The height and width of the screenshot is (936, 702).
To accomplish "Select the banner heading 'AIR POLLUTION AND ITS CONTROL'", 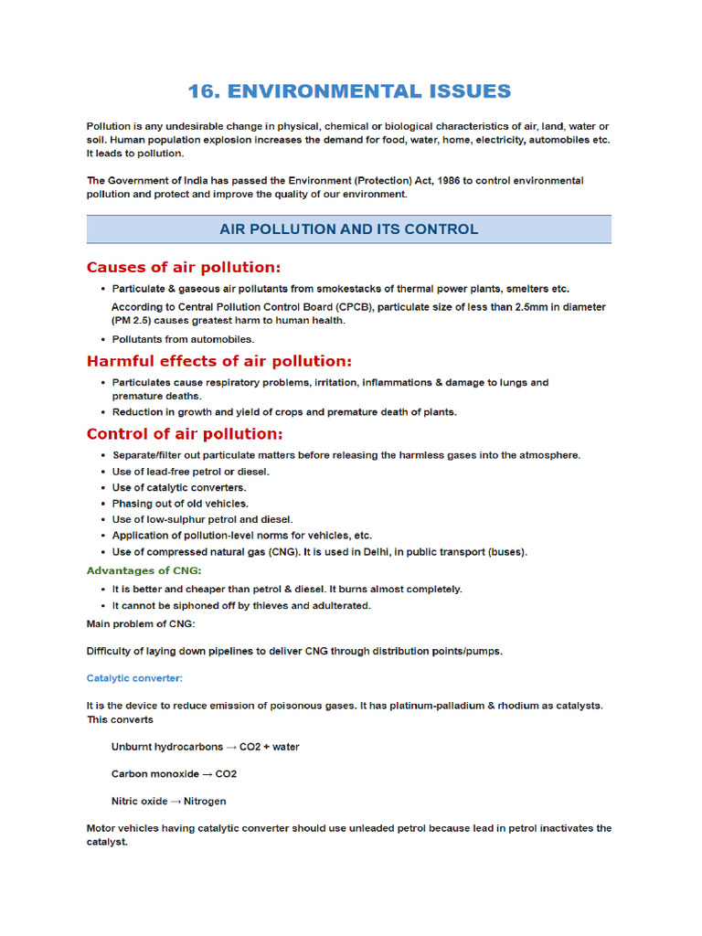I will coord(348,229).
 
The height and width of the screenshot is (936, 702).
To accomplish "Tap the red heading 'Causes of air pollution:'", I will coord(184,267).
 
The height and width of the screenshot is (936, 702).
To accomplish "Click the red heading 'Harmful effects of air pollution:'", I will coord(218,361).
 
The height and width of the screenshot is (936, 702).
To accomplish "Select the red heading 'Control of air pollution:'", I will coord(185,433).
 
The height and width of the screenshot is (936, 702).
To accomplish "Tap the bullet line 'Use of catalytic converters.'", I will coord(179,487).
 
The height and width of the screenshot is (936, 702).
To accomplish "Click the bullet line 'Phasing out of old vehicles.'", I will coord(180,504).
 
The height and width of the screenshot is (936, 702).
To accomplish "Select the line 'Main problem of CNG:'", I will coord(140,623).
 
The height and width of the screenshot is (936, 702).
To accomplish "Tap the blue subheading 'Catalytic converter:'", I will coord(134,678).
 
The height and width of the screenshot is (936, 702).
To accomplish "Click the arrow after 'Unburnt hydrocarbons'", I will coord(231,747).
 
